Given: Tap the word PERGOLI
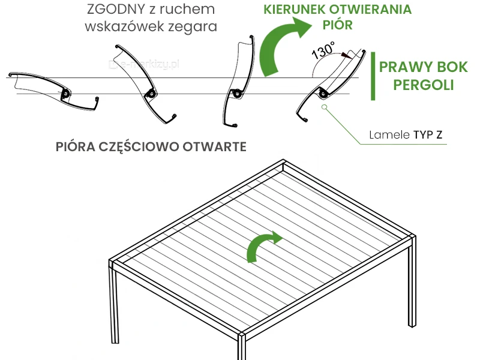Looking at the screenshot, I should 424,85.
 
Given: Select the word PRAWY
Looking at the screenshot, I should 409,67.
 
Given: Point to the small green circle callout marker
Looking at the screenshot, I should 325,108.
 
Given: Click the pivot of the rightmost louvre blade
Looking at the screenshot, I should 323,93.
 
